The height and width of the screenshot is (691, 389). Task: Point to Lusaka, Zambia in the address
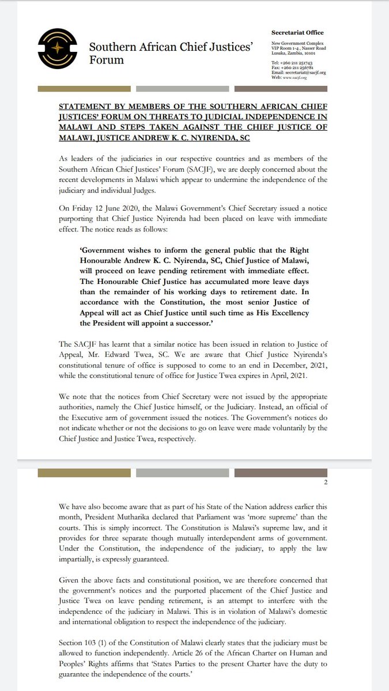pos(288,51)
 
